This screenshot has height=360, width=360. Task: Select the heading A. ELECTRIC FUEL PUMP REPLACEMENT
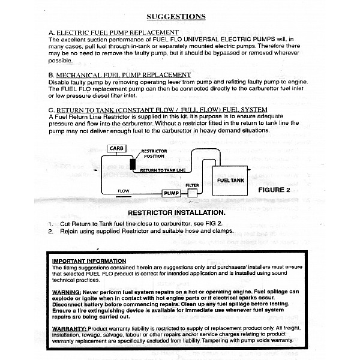[114, 32]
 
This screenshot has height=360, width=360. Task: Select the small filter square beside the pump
[193, 193]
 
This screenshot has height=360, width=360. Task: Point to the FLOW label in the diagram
[124, 191]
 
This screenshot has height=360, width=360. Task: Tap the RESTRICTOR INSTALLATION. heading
[176, 213]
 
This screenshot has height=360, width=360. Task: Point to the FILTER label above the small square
[192, 185]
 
